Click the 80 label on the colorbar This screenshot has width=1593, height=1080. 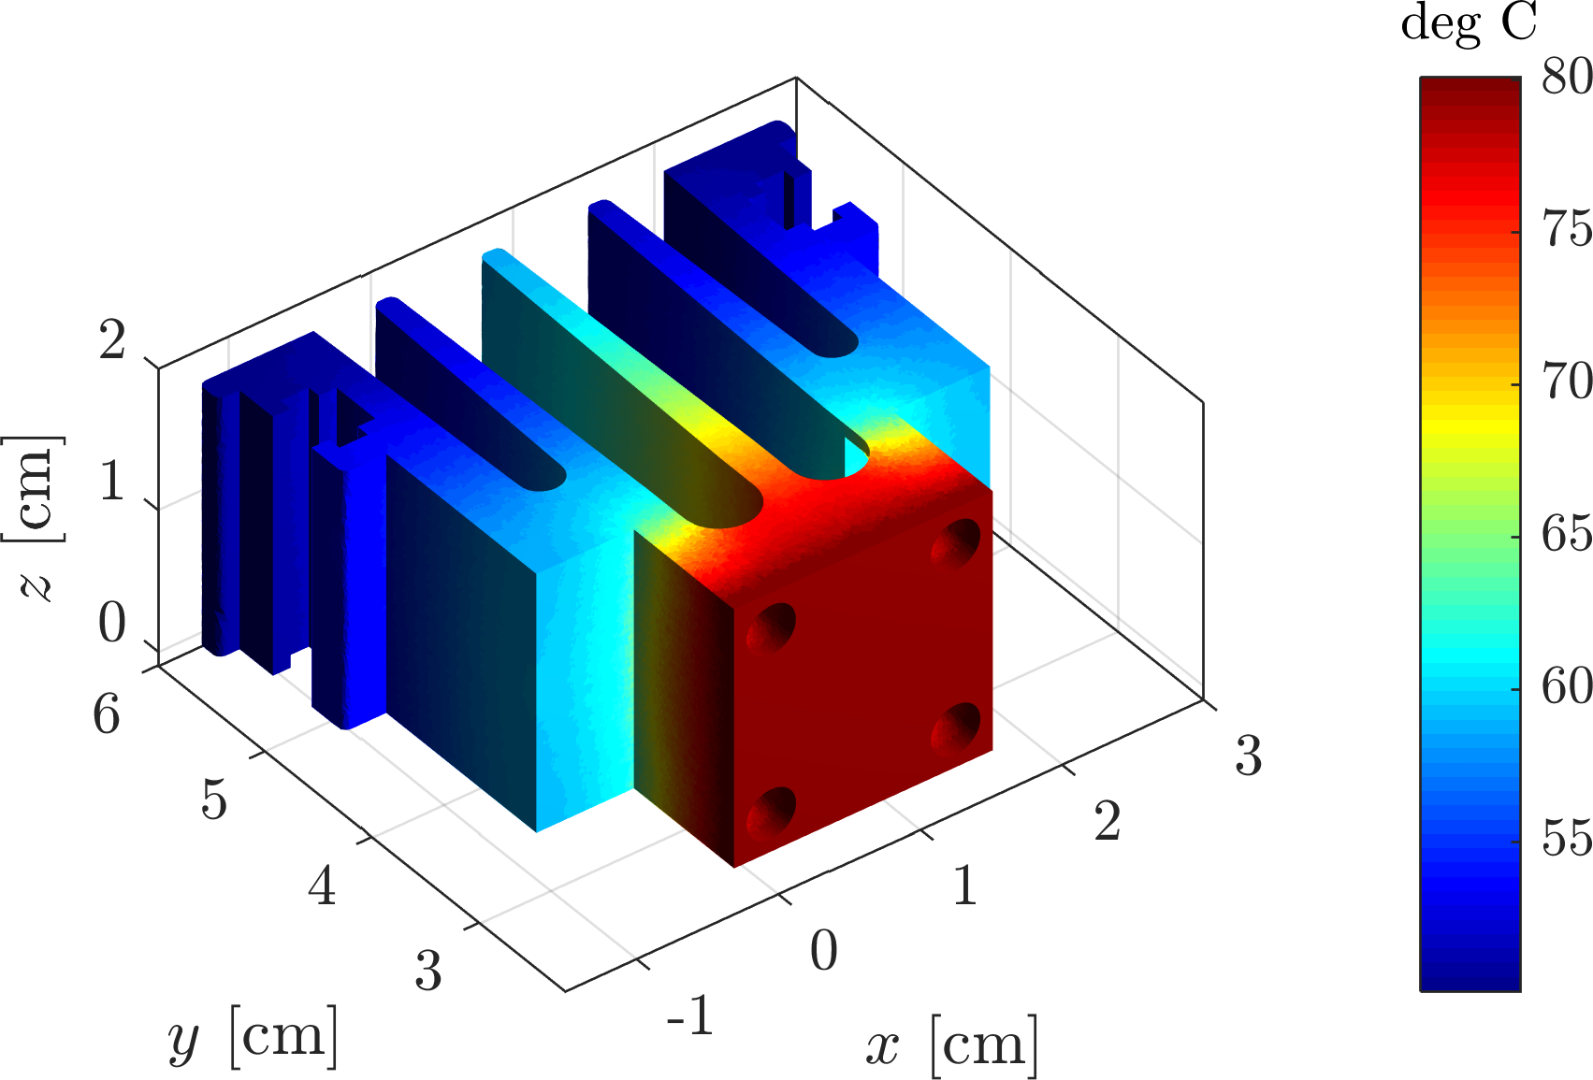(x=1567, y=77)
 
